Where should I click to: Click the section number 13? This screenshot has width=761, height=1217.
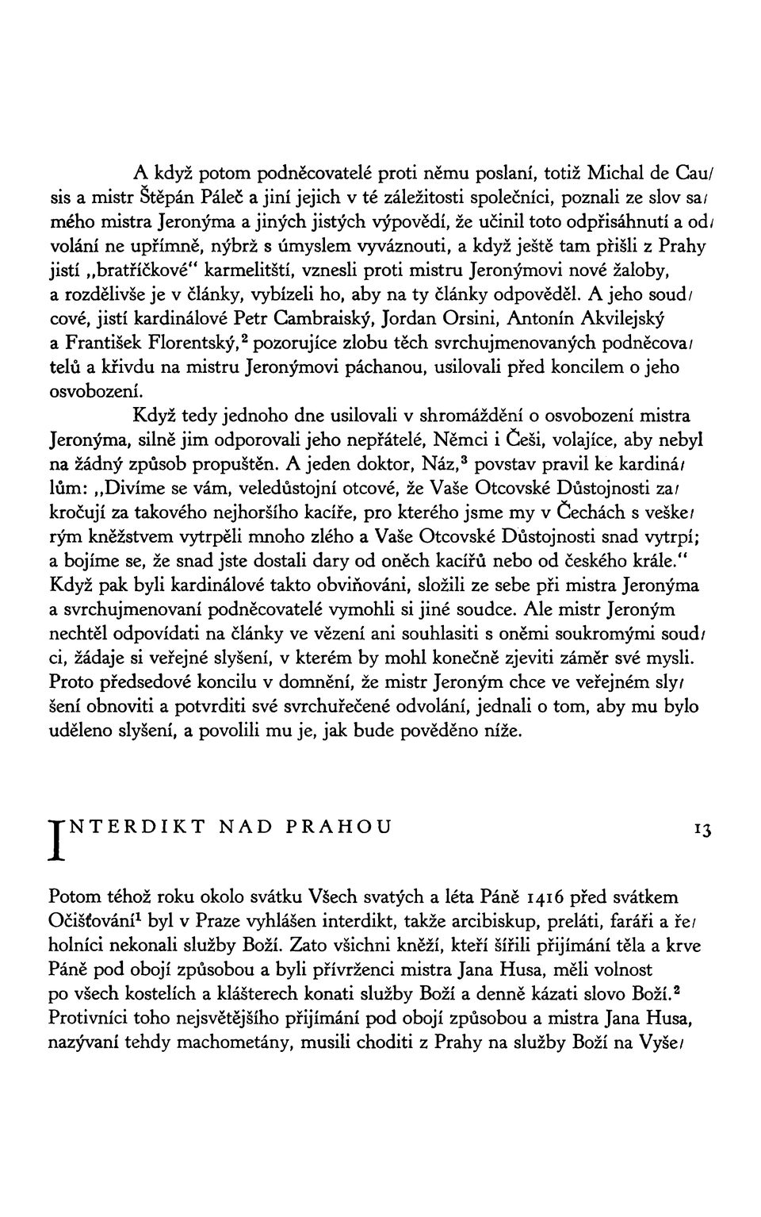702,830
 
